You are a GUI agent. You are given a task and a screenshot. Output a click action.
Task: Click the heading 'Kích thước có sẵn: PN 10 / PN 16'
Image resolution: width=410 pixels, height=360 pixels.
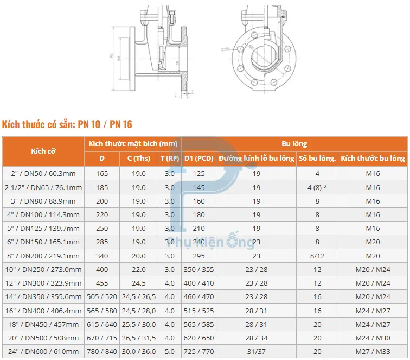click(x=67, y=124)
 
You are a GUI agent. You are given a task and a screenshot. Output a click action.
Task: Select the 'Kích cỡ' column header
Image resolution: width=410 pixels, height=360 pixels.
click(x=43, y=151)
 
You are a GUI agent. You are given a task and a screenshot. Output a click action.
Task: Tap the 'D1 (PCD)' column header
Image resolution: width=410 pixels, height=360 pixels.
click(x=198, y=159)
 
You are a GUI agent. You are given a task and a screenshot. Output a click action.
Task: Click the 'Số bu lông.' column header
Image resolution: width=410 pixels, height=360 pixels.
click(x=317, y=159)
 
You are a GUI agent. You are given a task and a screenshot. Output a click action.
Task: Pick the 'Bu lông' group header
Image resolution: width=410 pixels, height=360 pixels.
click(x=294, y=144)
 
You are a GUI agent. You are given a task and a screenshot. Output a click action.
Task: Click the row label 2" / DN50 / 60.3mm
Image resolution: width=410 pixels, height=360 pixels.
click(x=43, y=174)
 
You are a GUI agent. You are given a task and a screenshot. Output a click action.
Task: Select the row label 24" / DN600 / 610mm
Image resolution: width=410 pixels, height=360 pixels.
click(x=43, y=351)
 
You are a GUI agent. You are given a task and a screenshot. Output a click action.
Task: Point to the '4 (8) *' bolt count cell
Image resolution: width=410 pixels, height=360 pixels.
click(x=317, y=187)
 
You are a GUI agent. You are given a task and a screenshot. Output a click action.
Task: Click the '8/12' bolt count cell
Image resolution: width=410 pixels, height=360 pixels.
click(x=317, y=256)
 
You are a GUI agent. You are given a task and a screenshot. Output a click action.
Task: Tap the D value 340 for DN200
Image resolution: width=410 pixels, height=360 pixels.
click(x=102, y=256)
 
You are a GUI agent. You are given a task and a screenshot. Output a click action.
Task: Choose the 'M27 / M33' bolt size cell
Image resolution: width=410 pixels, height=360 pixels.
click(x=373, y=351)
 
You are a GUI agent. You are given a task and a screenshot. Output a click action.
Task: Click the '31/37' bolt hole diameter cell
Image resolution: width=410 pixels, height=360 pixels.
click(x=257, y=351)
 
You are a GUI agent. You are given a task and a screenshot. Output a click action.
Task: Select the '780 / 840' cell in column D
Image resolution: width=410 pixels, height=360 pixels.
click(x=102, y=351)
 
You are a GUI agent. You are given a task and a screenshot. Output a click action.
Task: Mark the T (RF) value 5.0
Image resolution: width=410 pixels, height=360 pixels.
click(x=170, y=351)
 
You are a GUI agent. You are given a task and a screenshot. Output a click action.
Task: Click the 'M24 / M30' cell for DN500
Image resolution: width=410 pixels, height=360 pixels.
click(x=373, y=338)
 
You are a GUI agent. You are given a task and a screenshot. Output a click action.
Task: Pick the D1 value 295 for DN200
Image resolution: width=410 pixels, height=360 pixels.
click(x=198, y=256)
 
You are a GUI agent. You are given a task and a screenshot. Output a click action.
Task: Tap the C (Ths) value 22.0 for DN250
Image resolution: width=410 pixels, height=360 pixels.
click(x=139, y=269)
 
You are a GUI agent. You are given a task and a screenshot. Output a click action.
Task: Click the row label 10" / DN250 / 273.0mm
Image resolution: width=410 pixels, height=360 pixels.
click(x=43, y=269)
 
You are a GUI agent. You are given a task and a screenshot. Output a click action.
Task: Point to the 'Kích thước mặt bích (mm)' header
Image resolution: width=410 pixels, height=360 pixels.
click(x=133, y=144)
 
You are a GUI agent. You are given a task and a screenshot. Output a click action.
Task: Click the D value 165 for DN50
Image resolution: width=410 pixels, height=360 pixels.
click(x=102, y=174)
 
